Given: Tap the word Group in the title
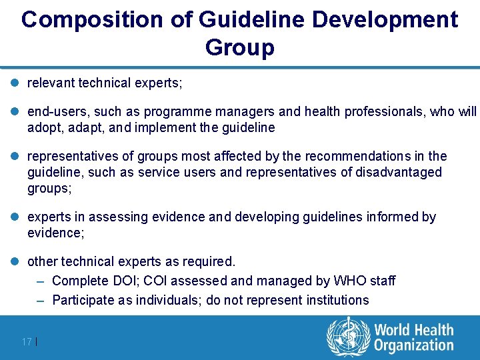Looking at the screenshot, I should tap(240, 47).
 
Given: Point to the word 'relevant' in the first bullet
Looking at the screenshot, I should tap(51, 83).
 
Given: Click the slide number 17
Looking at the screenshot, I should tap(27, 342).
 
